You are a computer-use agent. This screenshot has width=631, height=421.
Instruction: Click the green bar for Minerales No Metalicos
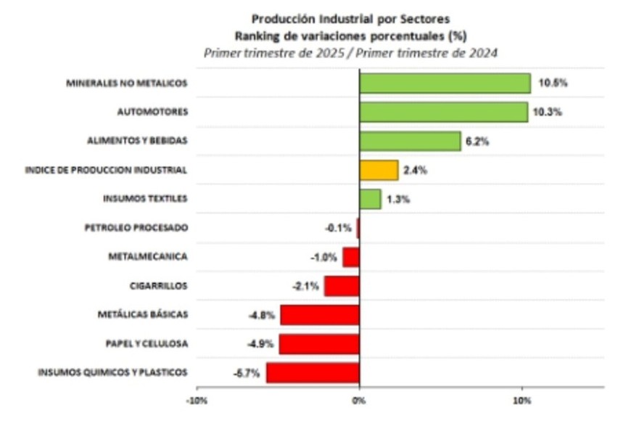coord(445,83)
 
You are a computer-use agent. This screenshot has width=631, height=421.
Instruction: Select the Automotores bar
coord(443,112)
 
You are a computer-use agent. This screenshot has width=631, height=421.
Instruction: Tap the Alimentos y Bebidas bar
coord(410,141)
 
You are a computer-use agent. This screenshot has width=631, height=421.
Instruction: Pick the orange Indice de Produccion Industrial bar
coord(379,170)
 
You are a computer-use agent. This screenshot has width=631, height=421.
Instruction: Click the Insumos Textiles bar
coord(370,199)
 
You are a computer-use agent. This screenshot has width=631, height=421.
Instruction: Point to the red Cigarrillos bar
coord(342,286)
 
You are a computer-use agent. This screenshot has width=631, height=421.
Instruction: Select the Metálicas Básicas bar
coord(320,315)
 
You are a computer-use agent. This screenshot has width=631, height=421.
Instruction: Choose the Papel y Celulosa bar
coord(319,343)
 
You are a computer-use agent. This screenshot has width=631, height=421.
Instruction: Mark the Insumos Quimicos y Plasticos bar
coord(313,372)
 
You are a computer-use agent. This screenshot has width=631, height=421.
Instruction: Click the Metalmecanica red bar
coord(351,257)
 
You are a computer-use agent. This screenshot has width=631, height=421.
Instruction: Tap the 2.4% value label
coord(415,171)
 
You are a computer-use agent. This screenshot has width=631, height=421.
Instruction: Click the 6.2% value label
coord(477,142)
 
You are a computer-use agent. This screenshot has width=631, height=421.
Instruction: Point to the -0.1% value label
coord(338,228)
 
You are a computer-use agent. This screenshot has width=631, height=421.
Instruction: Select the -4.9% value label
coord(260,344)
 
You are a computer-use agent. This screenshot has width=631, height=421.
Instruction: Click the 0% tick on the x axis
coord(359,400)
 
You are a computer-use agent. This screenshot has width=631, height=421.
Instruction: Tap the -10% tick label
coord(196,400)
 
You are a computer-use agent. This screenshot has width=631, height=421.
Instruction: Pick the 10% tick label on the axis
coord(521,400)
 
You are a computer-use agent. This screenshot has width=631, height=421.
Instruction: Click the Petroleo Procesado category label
coord(136,228)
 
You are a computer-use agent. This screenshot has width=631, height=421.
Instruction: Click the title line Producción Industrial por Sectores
coord(350,19)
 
